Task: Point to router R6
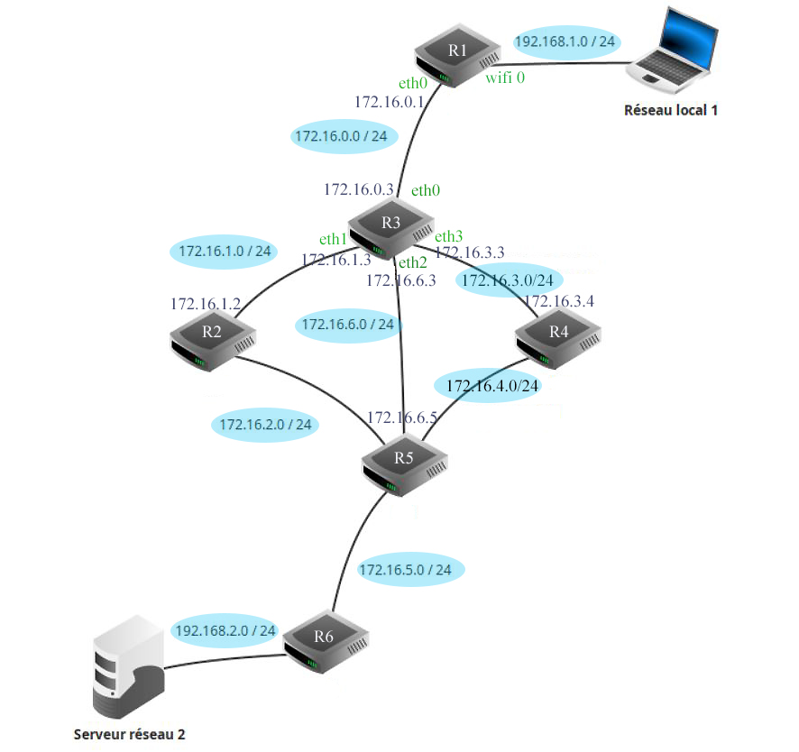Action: [326, 641]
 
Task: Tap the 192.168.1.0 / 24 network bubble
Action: [565, 42]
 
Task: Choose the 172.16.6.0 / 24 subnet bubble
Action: [348, 324]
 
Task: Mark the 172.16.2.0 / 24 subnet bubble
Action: [265, 424]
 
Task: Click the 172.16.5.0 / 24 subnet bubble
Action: [411, 570]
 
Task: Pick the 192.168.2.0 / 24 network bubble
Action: [225, 630]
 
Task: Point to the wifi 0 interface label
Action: [505, 78]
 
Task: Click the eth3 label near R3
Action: [449, 236]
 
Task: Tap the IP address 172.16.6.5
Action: [402, 417]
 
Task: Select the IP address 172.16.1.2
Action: [206, 304]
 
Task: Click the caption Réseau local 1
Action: [671, 111]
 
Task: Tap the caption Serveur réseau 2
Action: [129, 734]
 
